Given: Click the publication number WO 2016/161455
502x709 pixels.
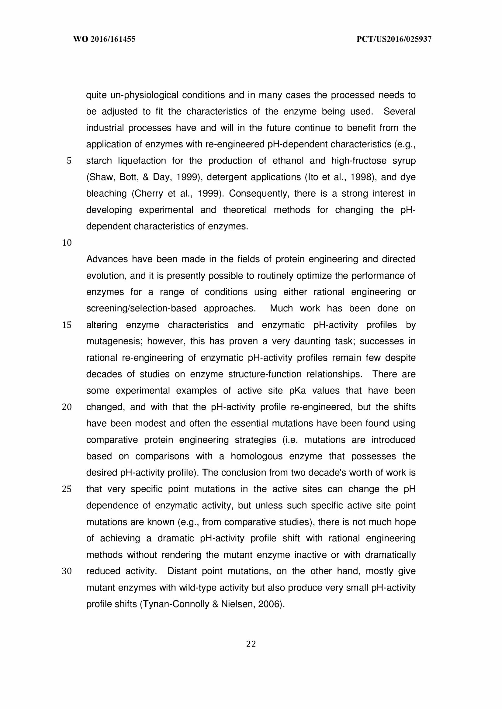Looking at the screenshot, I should click(104, 39).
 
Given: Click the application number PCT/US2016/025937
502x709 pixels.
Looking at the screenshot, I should click(394, 39).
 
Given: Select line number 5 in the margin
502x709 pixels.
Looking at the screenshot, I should click(69, 161).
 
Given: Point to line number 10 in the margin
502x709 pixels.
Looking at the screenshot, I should click(67, 243).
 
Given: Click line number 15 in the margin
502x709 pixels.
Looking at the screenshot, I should click(67, 325).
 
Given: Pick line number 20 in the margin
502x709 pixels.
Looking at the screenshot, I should click(67, 407).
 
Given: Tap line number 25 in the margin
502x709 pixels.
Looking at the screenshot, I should click(67, 489).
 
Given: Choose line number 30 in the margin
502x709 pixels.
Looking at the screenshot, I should click(67, 571).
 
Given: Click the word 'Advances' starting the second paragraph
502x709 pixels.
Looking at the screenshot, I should click(107, 259).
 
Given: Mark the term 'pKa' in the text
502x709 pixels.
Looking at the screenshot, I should click(297, 391).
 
